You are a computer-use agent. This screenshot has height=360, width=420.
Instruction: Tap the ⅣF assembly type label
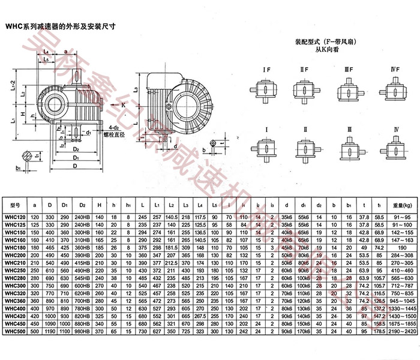coord(395,71)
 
